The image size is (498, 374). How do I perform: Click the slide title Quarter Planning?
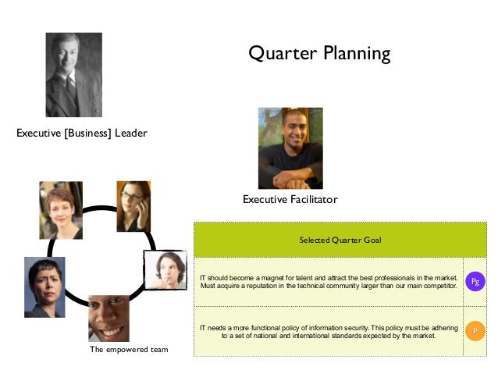point(318,53)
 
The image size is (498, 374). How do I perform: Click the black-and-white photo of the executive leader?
point(73,75)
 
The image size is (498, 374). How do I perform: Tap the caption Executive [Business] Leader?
point(82,133)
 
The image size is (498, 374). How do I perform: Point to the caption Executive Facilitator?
point(290,200)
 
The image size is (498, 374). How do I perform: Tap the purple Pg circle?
point(474,281)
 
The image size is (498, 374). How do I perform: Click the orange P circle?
point(474,332)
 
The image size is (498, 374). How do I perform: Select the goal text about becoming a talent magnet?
point(328,281)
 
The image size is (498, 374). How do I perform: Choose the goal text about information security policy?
point(328,331)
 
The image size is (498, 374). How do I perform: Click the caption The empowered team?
point(129,349)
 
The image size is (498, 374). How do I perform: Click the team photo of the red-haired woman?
point(61,209)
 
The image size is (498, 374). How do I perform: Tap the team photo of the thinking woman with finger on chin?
point(165,270)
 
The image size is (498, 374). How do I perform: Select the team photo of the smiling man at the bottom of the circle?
point(108,317)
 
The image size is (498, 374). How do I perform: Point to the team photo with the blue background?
point(44,287)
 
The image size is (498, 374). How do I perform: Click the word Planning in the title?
point(355,53)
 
